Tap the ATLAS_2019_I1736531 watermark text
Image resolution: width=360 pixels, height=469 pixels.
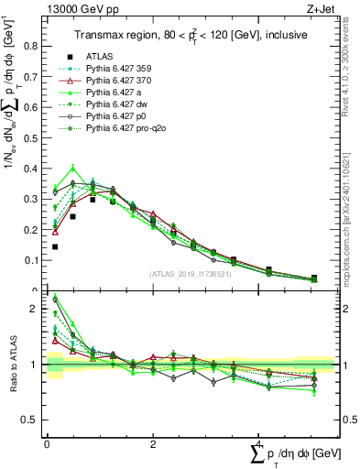190,274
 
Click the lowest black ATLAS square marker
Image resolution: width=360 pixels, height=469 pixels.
55,246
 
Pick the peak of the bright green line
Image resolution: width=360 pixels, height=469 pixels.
72,168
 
